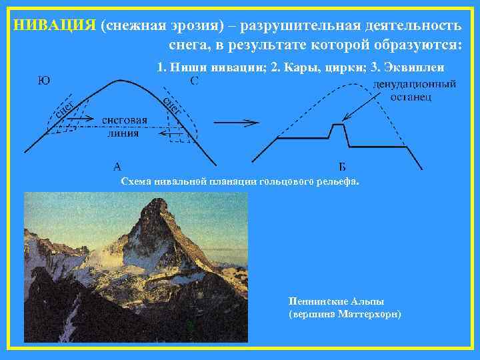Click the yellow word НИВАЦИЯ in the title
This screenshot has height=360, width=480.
tap(55, 25)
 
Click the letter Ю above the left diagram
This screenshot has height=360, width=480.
tap(42, 81)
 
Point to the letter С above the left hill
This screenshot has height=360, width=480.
tap(194, 81)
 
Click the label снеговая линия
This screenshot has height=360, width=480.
tap(125, 125)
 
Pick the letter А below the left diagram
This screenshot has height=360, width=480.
tap(117, 167)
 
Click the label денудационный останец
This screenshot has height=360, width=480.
tap(415, 91)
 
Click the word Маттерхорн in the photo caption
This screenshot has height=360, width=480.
tap(370, 313)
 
